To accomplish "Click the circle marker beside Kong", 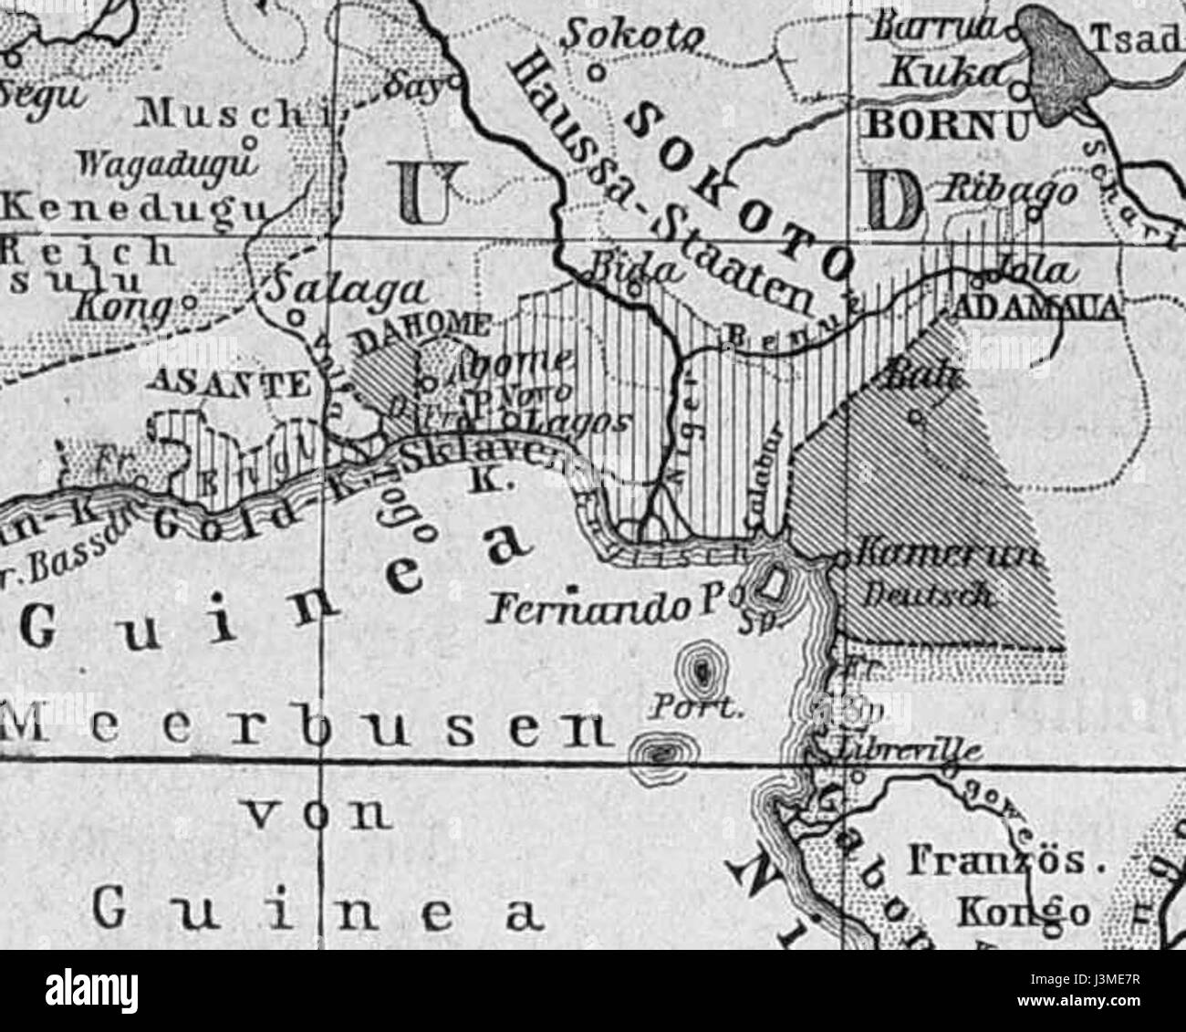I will coord(187,301).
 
